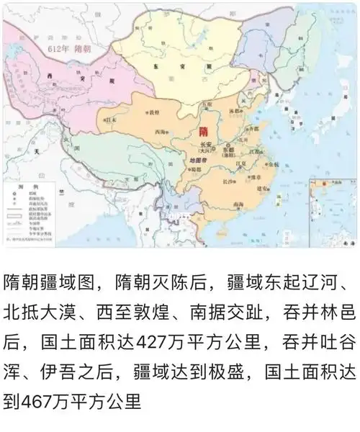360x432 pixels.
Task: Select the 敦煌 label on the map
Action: [x=153, y=112]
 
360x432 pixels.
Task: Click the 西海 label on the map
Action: [x=161, y=132]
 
